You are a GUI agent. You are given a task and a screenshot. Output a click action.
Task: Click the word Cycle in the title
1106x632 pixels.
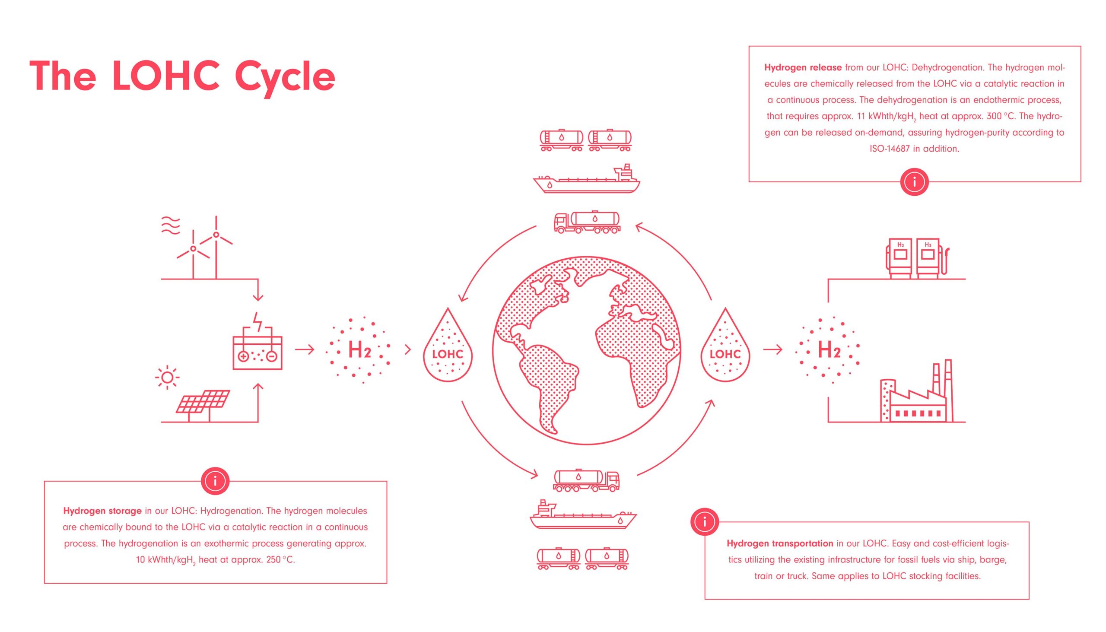(285, 77)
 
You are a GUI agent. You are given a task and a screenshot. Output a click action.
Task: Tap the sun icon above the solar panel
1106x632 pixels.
(167, 378)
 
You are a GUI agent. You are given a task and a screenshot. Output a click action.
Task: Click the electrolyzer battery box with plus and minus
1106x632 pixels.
(257, 353)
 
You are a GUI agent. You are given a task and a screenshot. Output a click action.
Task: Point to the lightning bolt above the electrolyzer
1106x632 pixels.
(258, 322)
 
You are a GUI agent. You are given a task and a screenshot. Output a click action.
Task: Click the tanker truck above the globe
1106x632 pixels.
(587, 222)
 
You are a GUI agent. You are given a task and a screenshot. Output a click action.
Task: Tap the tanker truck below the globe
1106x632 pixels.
(586, 481)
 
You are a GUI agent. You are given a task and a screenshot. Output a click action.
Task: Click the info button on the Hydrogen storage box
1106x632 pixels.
(215, 481)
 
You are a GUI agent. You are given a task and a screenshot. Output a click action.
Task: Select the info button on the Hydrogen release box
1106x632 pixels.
(914, 182)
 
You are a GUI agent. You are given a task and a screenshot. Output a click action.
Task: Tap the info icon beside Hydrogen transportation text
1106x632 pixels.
(705, 522)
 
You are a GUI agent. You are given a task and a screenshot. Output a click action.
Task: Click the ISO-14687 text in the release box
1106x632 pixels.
(890, 149)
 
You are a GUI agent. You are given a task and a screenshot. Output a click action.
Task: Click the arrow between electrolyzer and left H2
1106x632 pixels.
(305, 349)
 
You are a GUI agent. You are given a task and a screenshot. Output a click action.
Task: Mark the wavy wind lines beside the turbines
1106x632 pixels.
(171, 225)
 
